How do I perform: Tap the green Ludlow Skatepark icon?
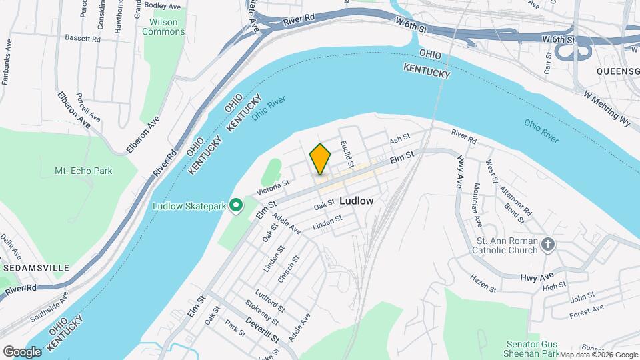(x=235, y=206)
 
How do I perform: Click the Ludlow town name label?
(x=356, y=200)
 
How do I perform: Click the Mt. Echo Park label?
(x=83, y=171)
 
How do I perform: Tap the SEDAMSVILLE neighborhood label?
(x=35, y=267)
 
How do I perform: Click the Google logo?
(x=21, y=351)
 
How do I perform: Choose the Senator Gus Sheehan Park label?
(x=531, y=348)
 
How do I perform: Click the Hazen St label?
(x=483, y=283)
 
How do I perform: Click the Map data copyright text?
(x=598, y=355)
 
